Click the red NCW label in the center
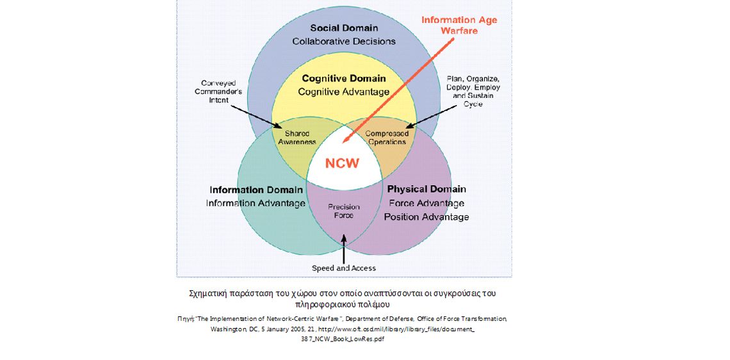coord(343,163)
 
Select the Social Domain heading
coord(344,28)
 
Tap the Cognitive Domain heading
coord(344,79)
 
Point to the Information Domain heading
coord(256,190)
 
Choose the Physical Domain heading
coord(426,189)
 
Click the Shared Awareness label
coord(297,138)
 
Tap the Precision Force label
coord(344,211)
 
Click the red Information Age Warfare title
coord(458,25)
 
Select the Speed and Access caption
coord(344,268)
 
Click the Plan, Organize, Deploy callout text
coord(473,92)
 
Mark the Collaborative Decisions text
coord(344,42)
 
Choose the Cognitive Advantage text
coord(344,92)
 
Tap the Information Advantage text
coord(256,203)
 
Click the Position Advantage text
coord(426,217)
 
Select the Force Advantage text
coord(426,203)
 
